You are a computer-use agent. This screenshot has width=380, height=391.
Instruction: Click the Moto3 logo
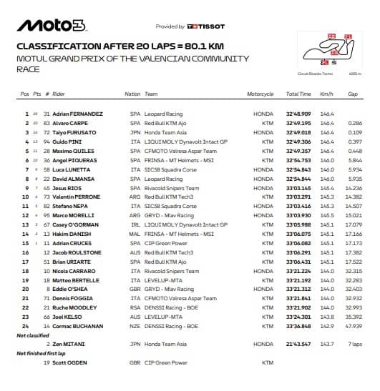pos(52,25)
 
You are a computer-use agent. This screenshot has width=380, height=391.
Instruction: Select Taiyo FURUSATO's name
pos(74,132)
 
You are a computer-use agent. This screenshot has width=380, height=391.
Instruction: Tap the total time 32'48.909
pos(298,114)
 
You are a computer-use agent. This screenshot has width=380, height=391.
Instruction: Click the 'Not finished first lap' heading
pos(40,353)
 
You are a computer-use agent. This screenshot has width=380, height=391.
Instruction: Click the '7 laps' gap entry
pos(353,344)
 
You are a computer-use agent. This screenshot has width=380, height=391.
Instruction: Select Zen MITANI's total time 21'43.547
pos(298,344)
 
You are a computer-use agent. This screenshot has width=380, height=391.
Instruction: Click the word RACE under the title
pos(28,70)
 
